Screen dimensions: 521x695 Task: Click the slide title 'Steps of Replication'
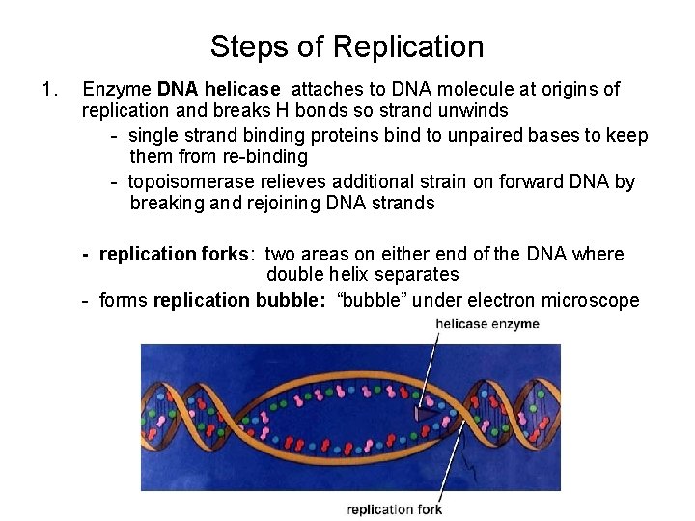(x=347, y=46)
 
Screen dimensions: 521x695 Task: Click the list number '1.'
(x=49, y=90)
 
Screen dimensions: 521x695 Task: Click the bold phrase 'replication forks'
(x=174, y=255)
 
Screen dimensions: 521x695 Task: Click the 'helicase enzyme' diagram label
(x=487, y=324)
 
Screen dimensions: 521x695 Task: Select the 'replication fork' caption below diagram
(x=394, y=509)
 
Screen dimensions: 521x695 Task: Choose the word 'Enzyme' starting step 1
(x=117, y=90)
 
